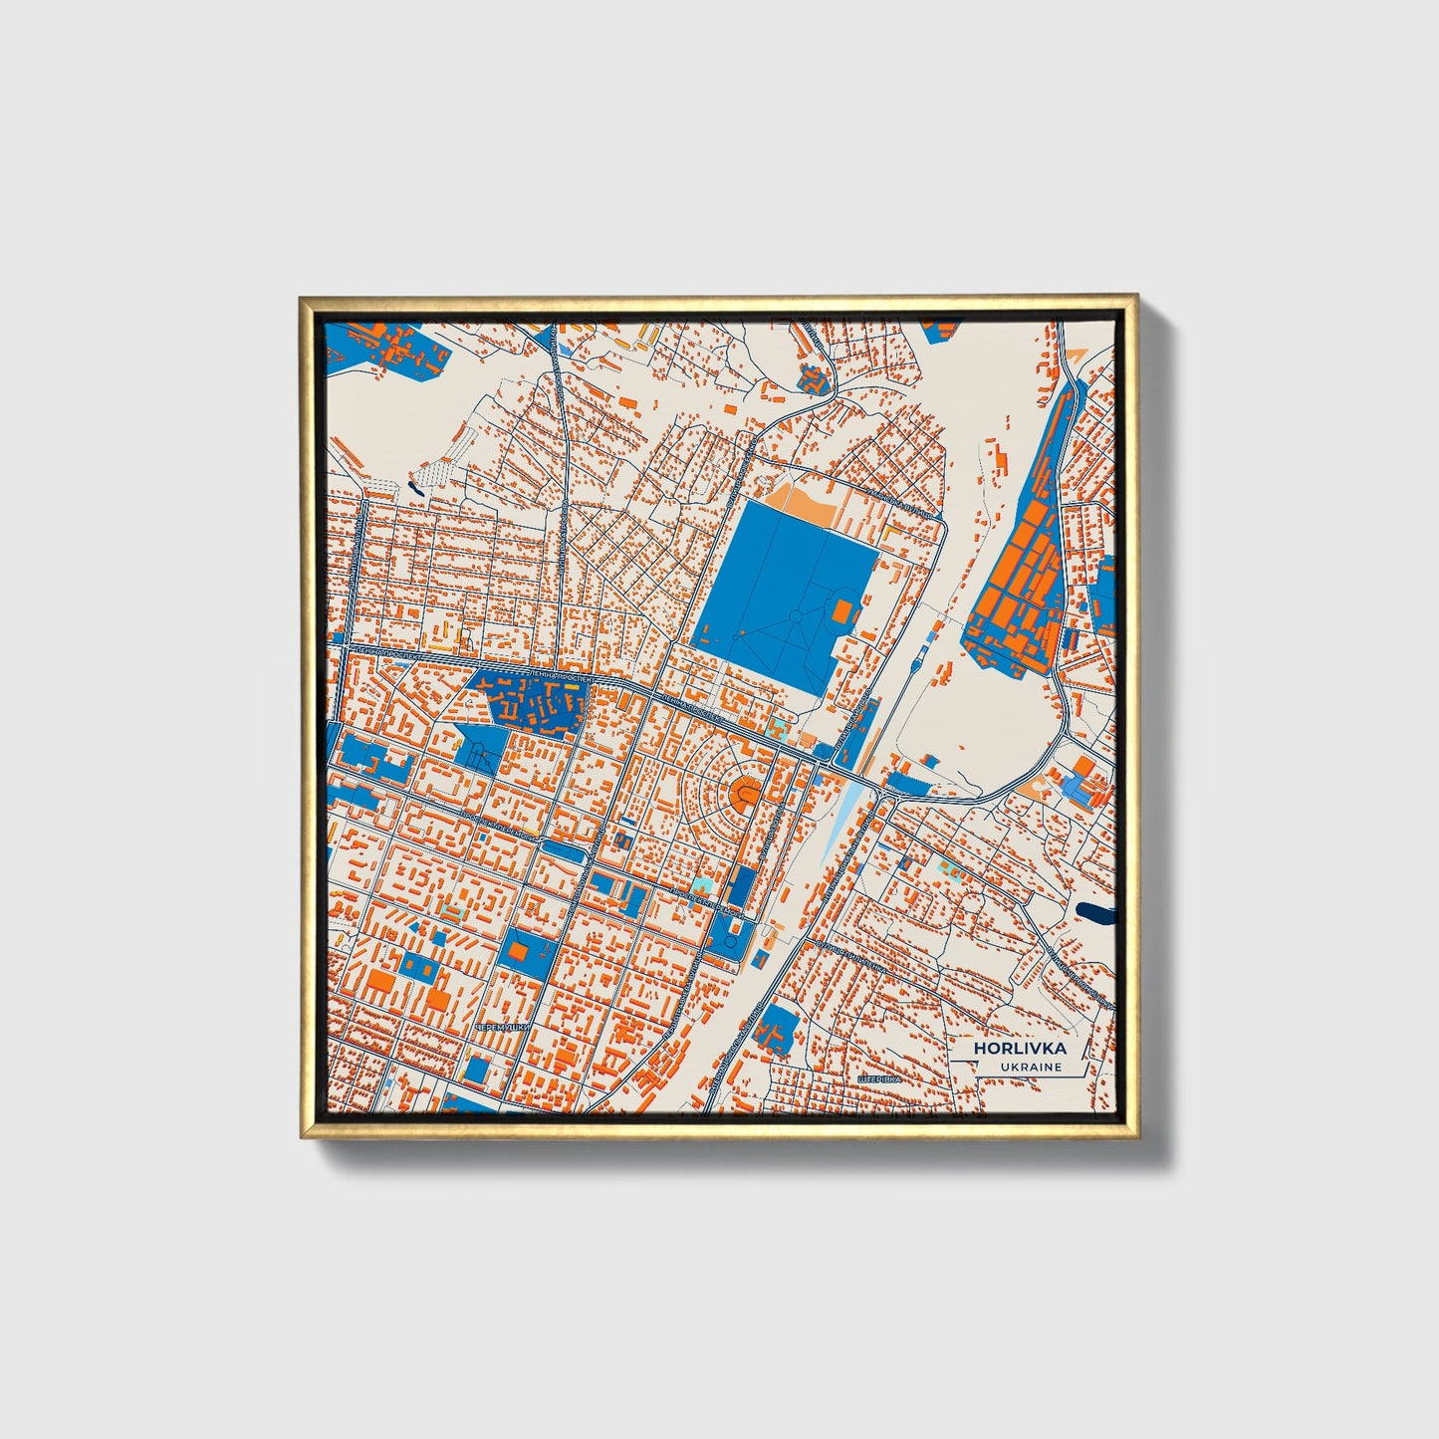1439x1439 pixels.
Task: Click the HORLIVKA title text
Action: [1020, 1048]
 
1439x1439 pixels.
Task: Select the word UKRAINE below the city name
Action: [1033, 1067]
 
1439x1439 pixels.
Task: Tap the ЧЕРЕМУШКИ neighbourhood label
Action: [504, 1026]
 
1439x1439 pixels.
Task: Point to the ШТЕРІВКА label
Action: [878, 1079]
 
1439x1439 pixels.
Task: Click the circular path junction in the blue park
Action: [796, 617]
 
